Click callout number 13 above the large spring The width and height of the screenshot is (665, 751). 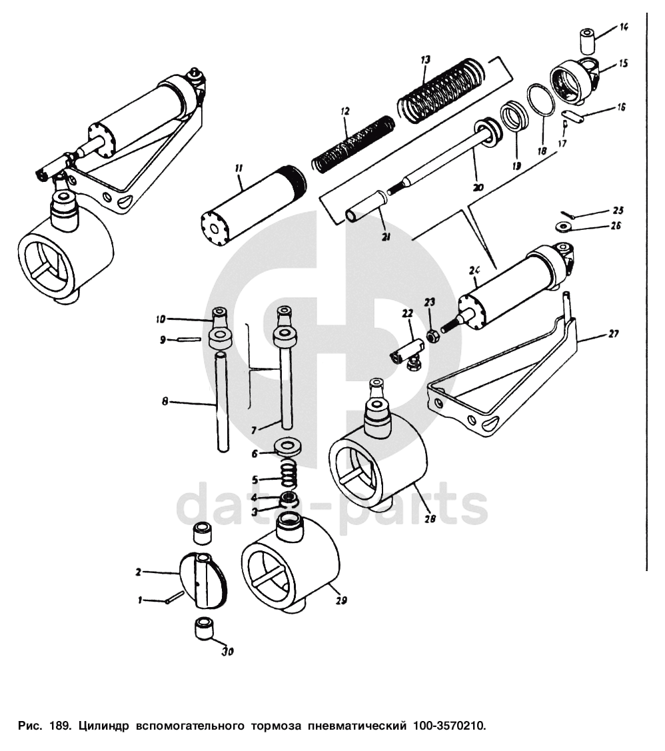click(x=425, y=61)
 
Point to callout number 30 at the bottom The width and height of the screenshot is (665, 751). click(x=228, y=652)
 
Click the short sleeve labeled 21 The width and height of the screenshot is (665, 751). click(x=366, y=207)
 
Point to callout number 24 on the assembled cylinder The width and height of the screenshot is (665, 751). click(x=474, y=271)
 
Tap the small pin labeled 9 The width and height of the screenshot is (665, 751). click(x=189, y=340)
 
